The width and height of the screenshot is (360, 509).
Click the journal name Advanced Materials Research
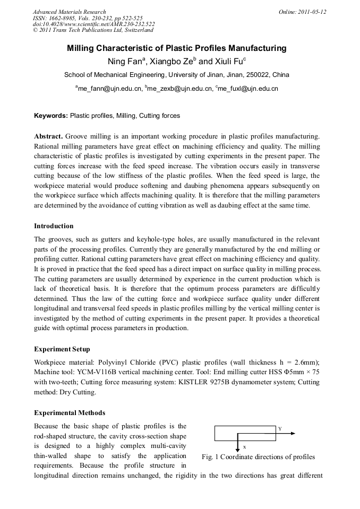[x=69, y=12]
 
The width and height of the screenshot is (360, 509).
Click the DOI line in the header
[x=93, y=24]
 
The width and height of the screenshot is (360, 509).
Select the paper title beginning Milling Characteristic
[x=176, y=48]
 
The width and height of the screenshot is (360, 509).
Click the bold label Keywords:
[x=51, y=115]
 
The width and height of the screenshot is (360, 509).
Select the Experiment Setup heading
[x=62, y=349]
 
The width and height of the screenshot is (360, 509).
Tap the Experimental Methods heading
[x=69, y=412]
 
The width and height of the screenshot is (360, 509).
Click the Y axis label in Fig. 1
[x=280, y=428]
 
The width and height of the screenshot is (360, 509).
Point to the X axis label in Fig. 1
[x=244, y=447]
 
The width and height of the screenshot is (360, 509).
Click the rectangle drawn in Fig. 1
[x=245, y=434]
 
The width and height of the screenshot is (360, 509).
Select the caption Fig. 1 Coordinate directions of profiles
[x=258, y=457]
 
